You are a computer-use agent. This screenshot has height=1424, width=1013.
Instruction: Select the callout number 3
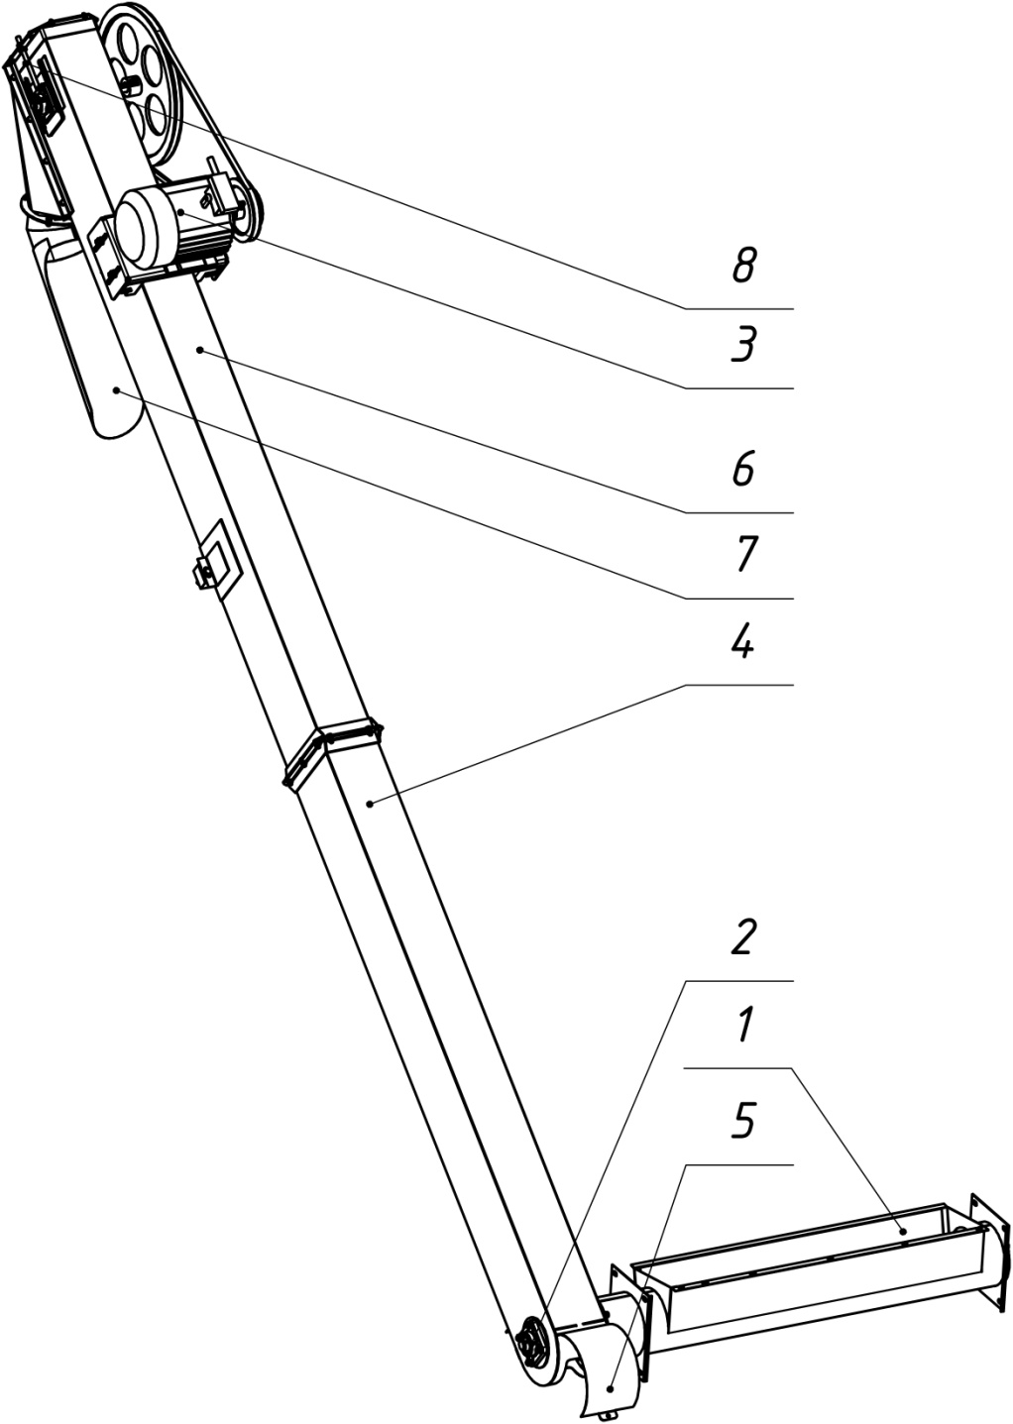click(742, 345)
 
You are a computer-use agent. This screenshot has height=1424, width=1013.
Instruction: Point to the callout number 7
click(744, 554)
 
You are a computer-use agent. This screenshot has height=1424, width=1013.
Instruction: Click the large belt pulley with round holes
click(141, 81)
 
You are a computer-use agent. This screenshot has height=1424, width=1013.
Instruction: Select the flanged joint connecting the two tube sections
click(332, 751)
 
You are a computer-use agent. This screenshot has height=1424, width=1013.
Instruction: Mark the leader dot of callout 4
click(371, 804)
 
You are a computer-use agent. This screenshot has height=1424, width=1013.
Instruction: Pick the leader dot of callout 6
click(199, 349)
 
